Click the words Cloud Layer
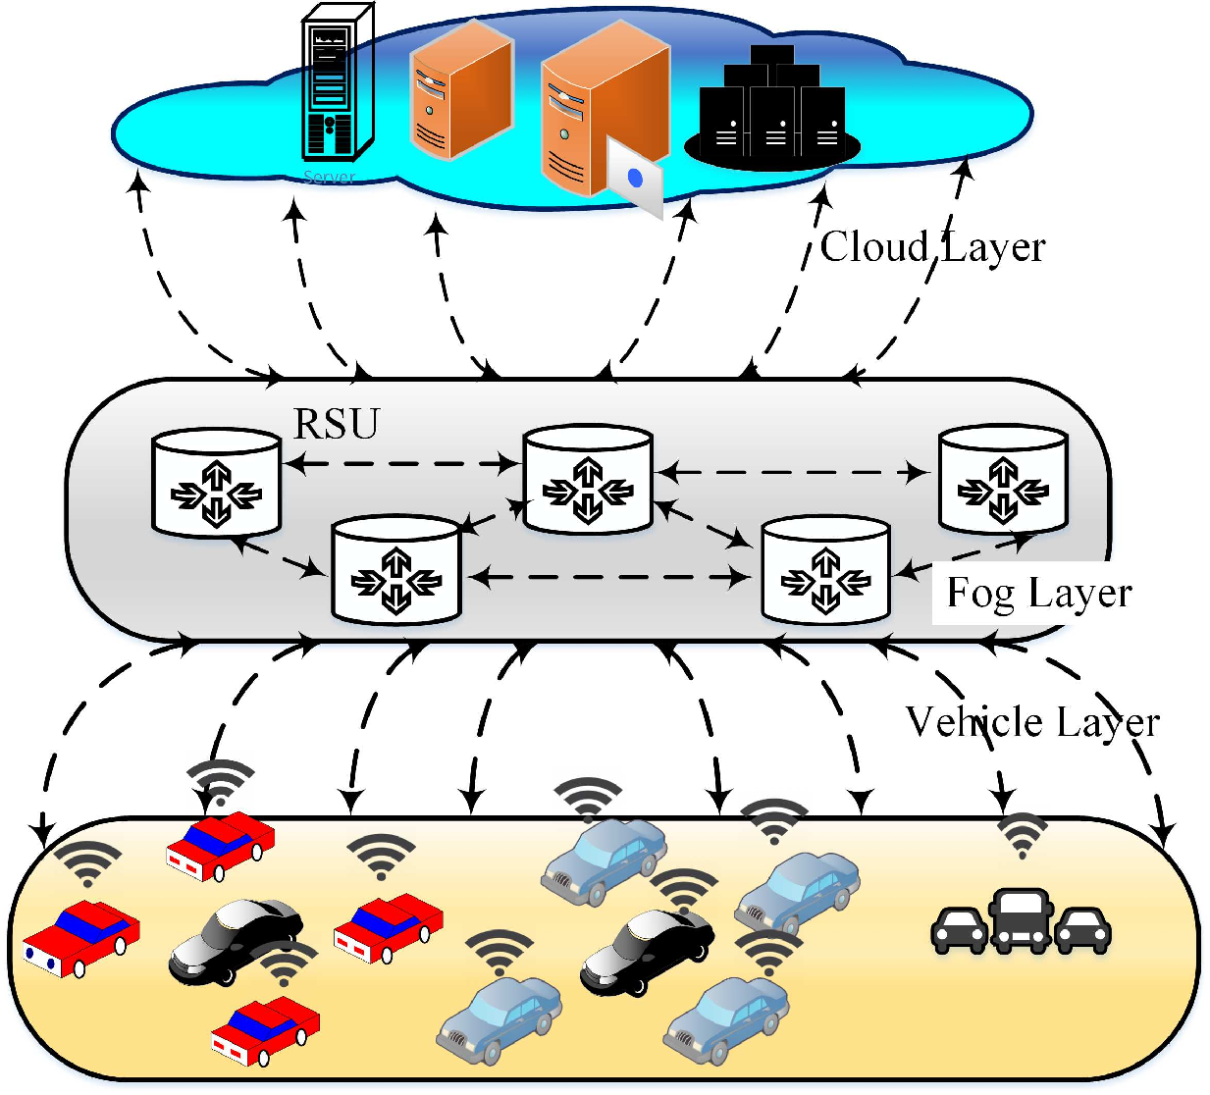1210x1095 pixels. point(932,247)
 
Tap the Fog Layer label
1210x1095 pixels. point(1038,593)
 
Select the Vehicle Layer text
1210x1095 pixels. point(1032,722)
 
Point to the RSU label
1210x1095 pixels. point(337,424)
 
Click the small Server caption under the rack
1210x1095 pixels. point(329,178)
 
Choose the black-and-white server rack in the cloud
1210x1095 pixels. point(335,83)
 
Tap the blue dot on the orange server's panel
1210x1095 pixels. point(635,178)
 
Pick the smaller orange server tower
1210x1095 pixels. point(460,90)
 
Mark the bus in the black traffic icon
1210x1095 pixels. point(1021,920)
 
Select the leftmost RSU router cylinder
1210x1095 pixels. point(216,481)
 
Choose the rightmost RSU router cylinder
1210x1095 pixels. point(1002,479)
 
